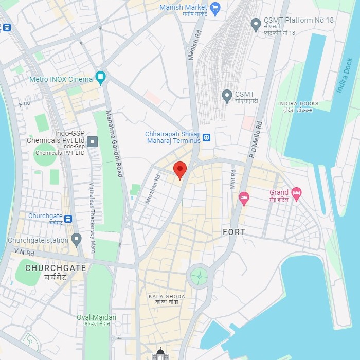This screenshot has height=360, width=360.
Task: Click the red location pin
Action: coord(179,169)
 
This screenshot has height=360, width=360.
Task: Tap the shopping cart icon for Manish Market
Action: coord(215,8)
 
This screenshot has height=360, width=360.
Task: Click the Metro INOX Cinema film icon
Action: coord(100,79)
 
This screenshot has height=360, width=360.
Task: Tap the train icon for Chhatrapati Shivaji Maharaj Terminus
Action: coord(206,137)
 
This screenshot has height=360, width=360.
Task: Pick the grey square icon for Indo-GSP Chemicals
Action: coord(92,141)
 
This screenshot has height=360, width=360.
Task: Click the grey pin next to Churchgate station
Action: coord(77,240)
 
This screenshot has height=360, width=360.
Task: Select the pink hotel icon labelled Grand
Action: coord(296,193)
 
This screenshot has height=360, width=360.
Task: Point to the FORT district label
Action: coord(234,232)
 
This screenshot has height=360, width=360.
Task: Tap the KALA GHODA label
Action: coord(166,297)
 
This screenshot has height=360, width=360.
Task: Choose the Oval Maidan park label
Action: coord(96,317)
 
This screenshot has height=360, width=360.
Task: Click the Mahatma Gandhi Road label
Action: coord(115,144)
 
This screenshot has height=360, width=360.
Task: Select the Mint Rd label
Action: coord(232,178)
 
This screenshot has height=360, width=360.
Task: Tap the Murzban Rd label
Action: coord(153,189)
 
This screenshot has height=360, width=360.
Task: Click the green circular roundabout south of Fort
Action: coord(199,277)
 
